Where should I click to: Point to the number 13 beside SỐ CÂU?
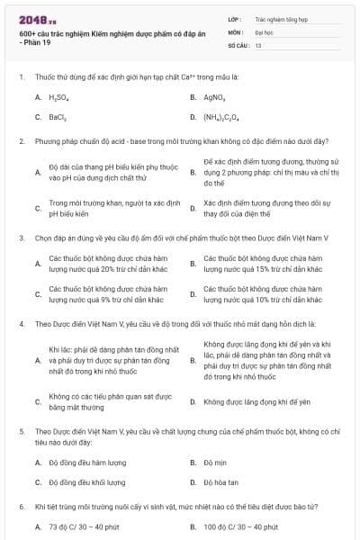(x=258, y=44)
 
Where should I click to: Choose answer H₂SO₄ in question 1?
(x=57, y=96)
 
